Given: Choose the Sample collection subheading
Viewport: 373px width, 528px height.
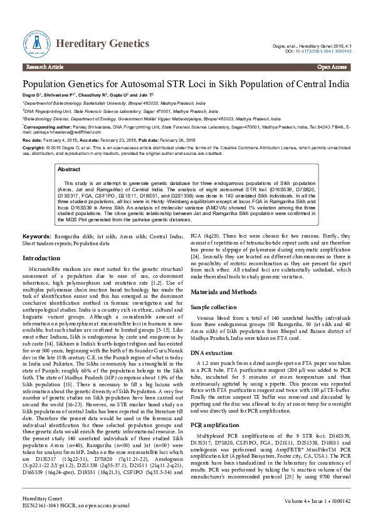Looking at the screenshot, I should pos(214,308).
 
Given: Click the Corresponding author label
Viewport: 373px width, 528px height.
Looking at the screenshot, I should pos(46,125).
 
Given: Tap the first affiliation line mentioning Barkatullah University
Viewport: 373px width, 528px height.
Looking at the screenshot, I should pos(114,102).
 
